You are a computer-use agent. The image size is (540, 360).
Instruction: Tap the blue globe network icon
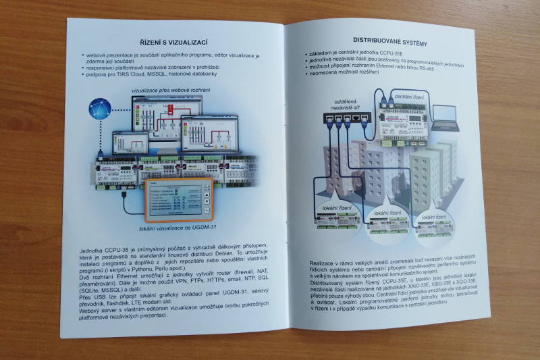pos(101,108)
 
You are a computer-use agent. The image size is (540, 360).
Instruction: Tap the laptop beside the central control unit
pos(445,118)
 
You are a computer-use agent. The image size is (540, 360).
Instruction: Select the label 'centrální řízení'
pos(409,97)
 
